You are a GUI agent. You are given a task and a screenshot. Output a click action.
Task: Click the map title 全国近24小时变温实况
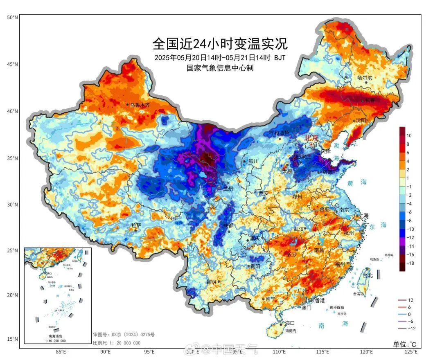(220, 43)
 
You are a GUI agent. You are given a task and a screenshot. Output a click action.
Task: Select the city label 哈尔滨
(365, 78)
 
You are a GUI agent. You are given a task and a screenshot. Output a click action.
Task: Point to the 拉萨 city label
(136, 225)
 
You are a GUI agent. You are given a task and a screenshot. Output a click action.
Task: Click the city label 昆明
(211, 282)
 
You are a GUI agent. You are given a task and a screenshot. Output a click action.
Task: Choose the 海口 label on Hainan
(290, 323)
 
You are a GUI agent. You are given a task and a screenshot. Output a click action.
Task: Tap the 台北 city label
(368, 275)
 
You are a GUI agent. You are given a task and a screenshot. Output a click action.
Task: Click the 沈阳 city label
(361, 120)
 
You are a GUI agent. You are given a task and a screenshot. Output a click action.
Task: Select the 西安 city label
(264, 193)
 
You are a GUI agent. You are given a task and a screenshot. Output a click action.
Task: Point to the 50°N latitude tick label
(12, 17)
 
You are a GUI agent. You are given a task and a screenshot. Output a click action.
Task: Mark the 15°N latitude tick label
(12, 339)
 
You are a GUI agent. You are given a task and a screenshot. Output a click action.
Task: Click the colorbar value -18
(410, 263)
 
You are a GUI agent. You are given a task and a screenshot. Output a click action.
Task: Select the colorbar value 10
(409, 135)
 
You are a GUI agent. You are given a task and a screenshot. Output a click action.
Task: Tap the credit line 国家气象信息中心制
(220, 68)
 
